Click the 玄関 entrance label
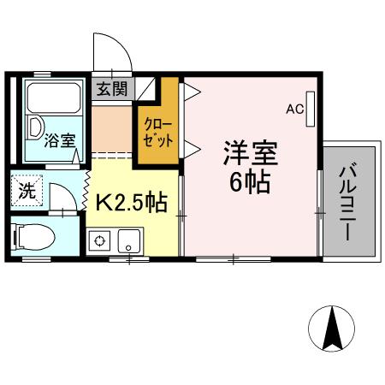tap(110, 88)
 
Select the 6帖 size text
tap(250, 182)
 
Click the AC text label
tap(294, 109)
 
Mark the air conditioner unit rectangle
tap(311, 110)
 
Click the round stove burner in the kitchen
tap(102, 240)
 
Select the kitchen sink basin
tap(129, 240)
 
